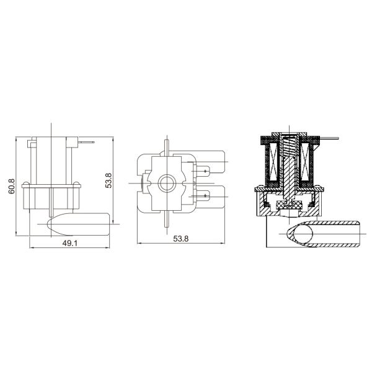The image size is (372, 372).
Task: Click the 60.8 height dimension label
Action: click(x=11, y=186)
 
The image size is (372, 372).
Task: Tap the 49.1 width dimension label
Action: click(x=70, y=243)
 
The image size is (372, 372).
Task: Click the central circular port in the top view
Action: click(x=166, y=183)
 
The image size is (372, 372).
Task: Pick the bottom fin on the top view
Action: click(x=166, y=220)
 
